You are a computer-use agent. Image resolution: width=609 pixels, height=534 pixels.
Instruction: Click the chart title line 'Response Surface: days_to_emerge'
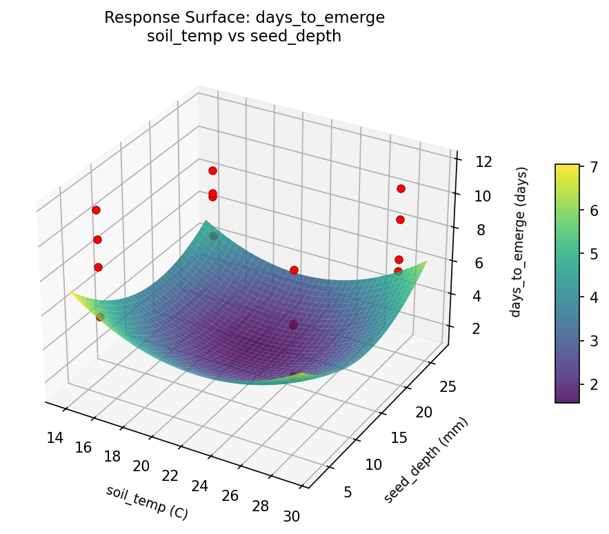coord(244,18)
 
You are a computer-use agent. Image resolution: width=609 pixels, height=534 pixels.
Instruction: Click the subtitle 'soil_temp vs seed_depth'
coord(244,37)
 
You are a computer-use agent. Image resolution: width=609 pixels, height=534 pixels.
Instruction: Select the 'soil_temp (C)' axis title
coord(147,502)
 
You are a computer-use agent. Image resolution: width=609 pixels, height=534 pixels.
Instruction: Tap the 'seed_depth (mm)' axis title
coord(427,460)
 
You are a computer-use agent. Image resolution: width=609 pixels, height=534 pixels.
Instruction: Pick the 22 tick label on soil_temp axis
coord(170,476)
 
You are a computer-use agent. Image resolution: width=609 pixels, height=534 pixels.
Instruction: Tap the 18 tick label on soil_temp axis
coord(111,456)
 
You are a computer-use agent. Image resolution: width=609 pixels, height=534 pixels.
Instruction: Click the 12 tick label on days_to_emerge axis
coord(484,162)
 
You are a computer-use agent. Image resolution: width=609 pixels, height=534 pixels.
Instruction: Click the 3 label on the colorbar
coord(592,340)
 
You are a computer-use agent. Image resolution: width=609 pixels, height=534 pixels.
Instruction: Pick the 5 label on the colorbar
coord(592,253)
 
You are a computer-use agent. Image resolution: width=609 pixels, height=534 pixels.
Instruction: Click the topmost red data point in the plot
coord(212,170)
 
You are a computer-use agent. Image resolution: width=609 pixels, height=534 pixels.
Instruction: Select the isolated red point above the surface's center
coord(294,270)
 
